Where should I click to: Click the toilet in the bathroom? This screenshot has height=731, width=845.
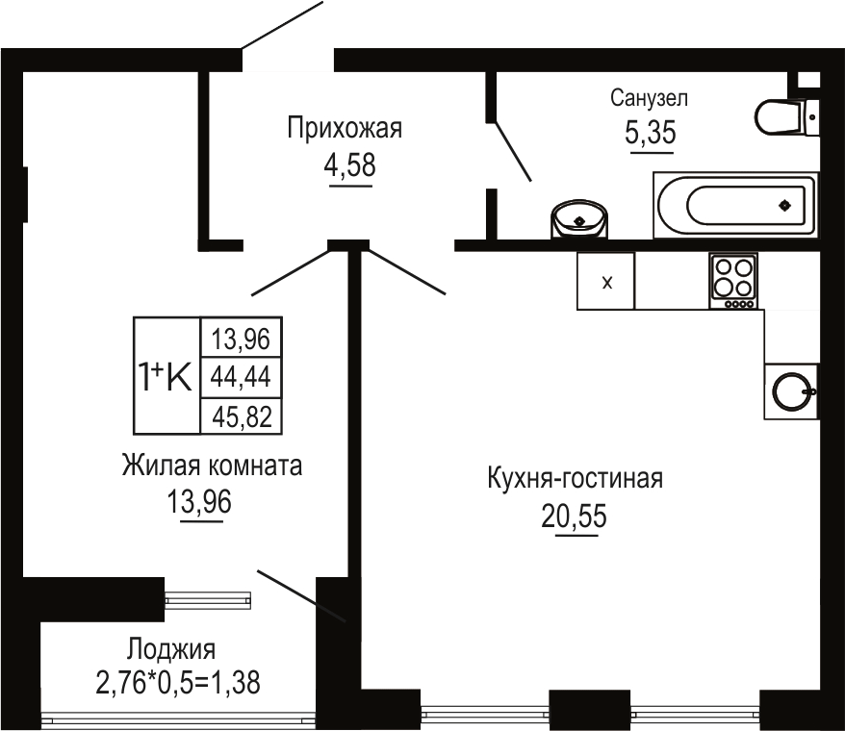pyautogui.click(x=787, y=116)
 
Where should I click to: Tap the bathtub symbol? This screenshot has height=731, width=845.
pyautogui.click(x=735, y=205)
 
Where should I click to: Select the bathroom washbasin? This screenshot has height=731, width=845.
pyautogui.click(x=579, y=218)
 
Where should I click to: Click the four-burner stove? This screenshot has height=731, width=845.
pyautogui.click(x=733, y=281)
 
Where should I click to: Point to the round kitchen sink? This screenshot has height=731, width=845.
pyautogui.click(x=791, y=391)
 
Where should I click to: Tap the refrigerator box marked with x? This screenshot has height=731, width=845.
pyautogui.click(x=605, y=281)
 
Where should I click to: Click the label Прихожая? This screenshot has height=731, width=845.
pyautogui.click(x=345, y=129)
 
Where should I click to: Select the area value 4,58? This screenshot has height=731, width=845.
pyautogui.click(x=349, y=164)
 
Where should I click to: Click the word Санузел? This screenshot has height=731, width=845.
pyautogui.click(x=649, y=98)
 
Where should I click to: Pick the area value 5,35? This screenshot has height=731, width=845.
pyautogui.click(x=651, y=133)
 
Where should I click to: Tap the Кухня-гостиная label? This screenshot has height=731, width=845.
pyautogui.click(x=575, y=478)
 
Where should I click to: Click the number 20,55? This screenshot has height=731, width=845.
pyautogui.click(x=574, y=517)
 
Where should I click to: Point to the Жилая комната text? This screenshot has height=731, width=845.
pyautogui.click(x=212, y=466)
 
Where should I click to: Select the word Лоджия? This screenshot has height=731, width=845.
pyautogui.click(x=171, y=650)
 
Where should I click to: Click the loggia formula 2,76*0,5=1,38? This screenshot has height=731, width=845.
pyautogui.click(x=178, y=683)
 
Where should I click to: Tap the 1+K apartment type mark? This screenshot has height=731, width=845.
pyautogui.click(x=165, y=376)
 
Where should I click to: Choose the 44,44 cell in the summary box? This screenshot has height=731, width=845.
pyautogui.click(x=241, y=377)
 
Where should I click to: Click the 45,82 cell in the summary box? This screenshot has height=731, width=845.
pyautogui.click(x=241, y=416)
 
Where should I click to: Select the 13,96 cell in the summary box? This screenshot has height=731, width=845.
pyautogui.click(x=241, y=338)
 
